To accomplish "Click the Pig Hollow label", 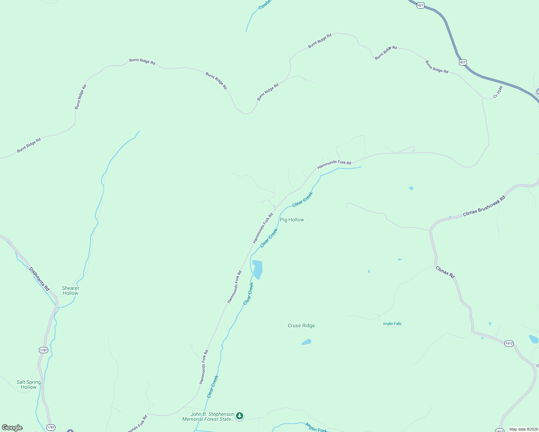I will point(292,220).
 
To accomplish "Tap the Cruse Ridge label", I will point(301,325).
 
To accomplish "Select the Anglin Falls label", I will point(392,324).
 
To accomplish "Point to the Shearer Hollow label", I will point(71,291).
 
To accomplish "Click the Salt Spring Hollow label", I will point(29,384).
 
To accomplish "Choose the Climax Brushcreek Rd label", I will point(484,206).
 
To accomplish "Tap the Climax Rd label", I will point(445,272).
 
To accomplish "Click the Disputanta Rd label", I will point(39,279).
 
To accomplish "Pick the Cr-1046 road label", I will point(498,92).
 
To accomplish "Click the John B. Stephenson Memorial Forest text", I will point(208,417).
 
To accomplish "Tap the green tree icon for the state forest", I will point(240,416).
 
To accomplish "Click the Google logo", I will point(12,428).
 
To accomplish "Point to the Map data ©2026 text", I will point(523,429).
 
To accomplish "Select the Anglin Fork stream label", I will point(316,427).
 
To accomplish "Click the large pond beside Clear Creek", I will point(257,269).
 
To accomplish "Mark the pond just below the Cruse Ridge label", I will point(306,342).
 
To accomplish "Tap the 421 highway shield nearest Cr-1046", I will point(463,62).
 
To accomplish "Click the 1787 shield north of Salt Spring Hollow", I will point(43,350).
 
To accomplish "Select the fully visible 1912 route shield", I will point(509,343).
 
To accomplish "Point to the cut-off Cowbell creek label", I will point(265,4).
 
